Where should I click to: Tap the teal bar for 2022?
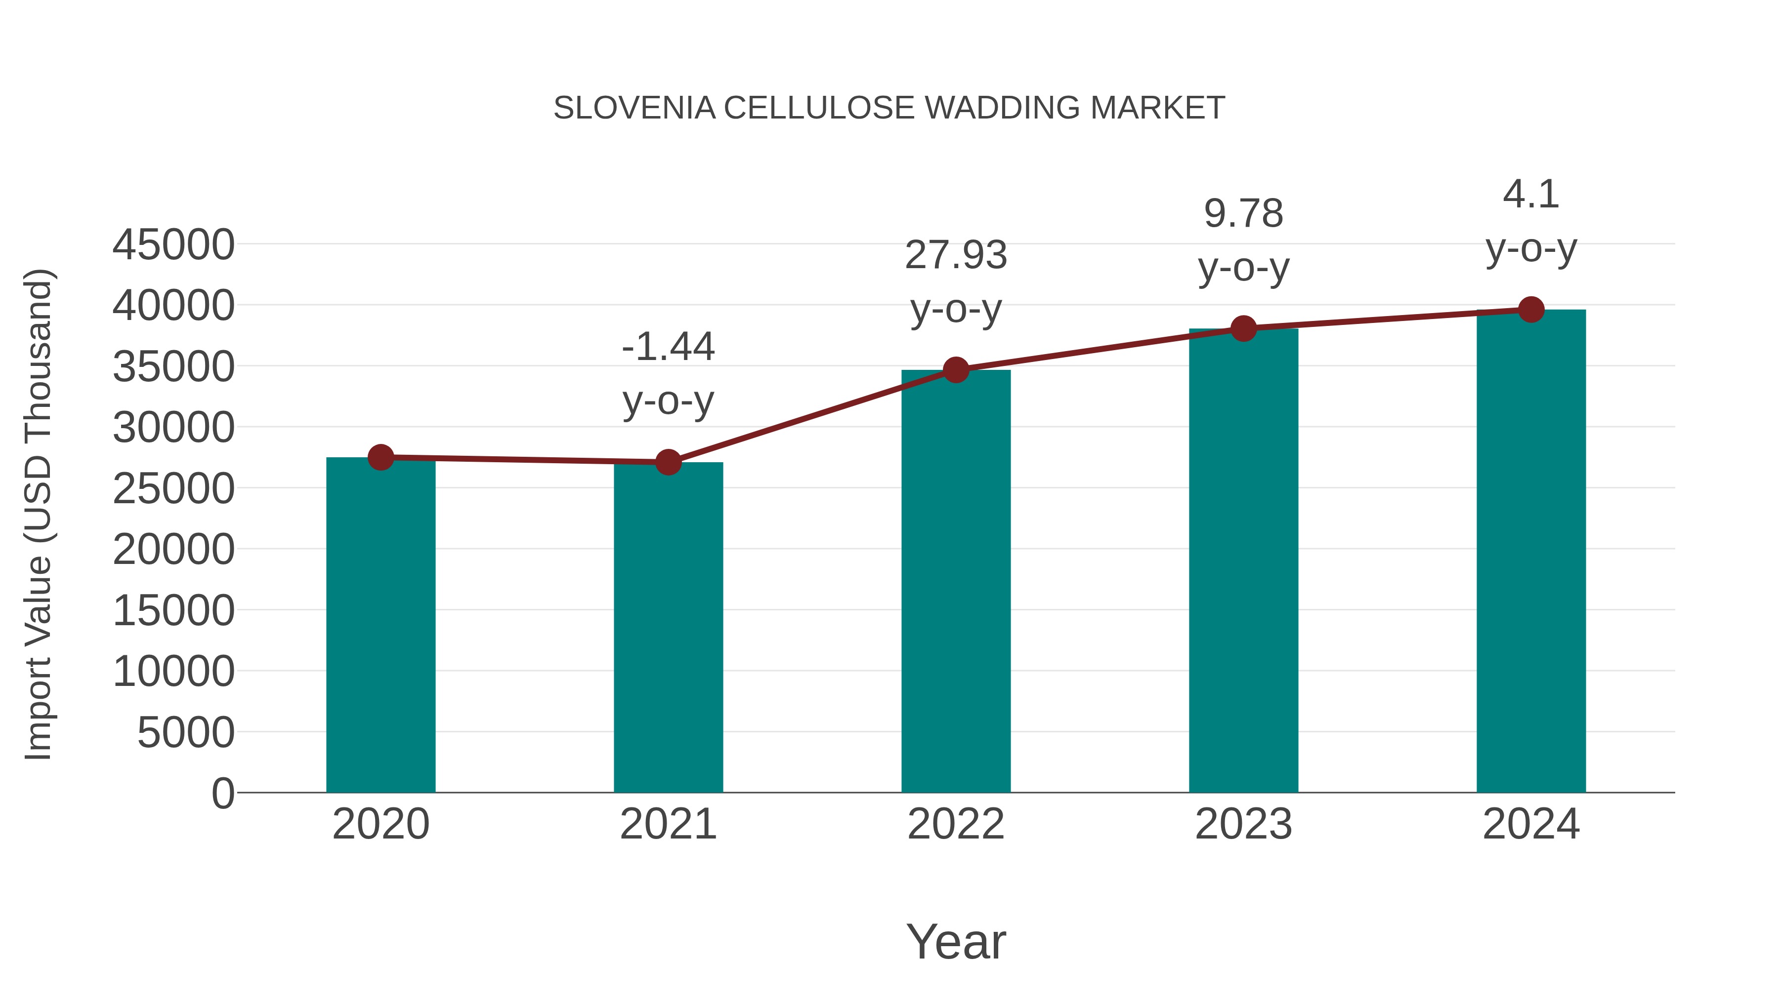(956, 581)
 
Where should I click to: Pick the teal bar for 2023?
(1243, 560)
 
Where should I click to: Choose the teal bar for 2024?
(1531, 551)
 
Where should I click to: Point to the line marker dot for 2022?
(956, 370)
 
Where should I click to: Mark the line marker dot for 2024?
(1531, 310)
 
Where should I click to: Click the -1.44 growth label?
(668, 347)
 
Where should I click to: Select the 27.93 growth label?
(956, 255)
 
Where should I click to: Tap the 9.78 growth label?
(1243, 213)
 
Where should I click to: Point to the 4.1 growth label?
(1531, 194)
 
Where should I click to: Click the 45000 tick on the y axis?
(173, 244)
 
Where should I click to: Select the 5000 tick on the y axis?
(186, 732)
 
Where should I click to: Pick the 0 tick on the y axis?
(222, 793)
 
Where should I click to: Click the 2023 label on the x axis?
(1243, 824)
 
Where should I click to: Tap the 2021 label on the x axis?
(668, 824)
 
